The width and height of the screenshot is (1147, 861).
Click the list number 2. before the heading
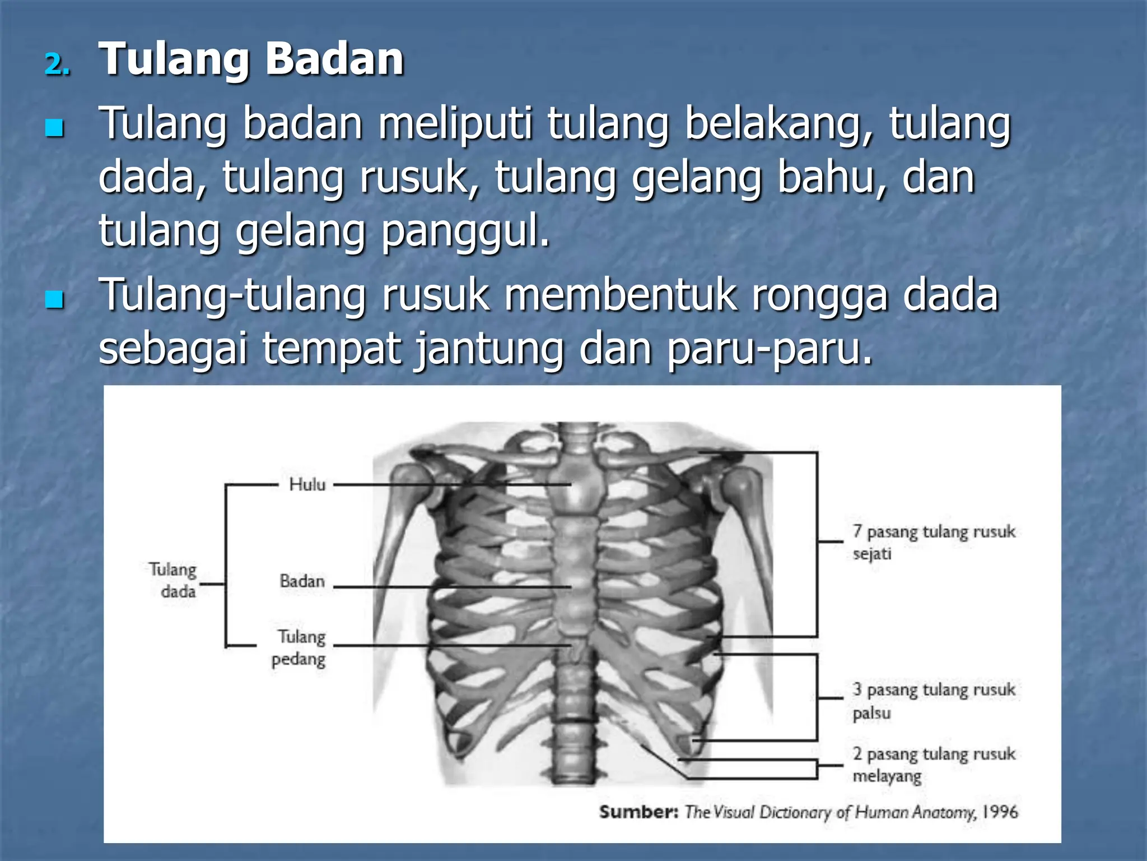57,64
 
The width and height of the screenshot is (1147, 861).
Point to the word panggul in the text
465,231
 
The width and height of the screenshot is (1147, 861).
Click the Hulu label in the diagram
307,484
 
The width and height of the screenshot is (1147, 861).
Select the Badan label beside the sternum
302,581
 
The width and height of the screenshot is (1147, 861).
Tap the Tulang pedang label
300,648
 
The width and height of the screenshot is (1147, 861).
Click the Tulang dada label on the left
174,580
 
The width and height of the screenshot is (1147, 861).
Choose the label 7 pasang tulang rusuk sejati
933,542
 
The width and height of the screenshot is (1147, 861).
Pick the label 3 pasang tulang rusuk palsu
933,700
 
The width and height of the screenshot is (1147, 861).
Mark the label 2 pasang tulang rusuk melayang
933,765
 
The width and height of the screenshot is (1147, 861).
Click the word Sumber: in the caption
638,812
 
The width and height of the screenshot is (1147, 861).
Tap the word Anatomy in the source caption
944,812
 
